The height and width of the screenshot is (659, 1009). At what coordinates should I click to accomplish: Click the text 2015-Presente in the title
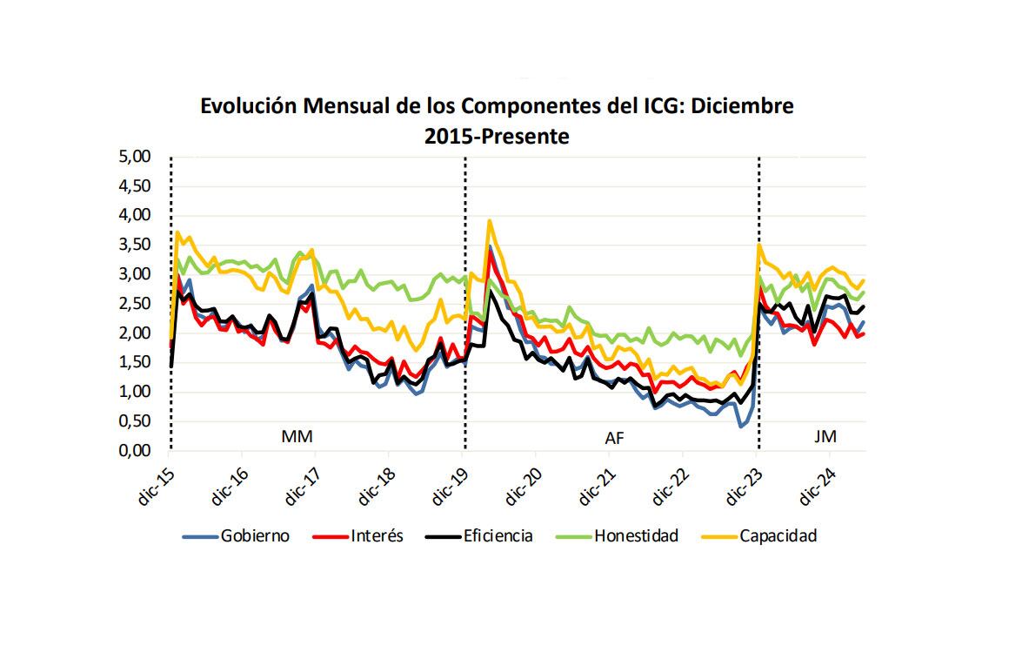click(x=497, y=136)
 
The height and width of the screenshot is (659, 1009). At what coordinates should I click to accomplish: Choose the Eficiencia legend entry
click(x=498, y=535)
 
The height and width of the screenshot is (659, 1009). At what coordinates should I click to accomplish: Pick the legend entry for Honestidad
click(x=636, y=535)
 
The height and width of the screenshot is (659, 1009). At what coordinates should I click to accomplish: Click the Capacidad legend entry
click(x=778, y=535)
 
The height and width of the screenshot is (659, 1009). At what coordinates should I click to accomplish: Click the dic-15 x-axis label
click(x=157, y=485)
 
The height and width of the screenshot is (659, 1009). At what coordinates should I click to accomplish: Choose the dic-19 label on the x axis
click(x=451, y=485)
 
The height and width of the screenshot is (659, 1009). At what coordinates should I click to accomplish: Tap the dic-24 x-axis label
click(x=819, y=485)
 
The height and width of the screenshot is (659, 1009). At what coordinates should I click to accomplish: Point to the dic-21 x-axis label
click(x=598, y=485)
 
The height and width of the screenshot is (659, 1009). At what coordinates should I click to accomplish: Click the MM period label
click(x=296, y=436)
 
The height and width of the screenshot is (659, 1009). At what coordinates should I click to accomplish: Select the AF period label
click(x=614, y=438)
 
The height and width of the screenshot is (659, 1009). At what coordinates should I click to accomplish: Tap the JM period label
click(x=825, y=436)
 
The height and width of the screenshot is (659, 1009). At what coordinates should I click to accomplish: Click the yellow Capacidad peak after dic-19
click(x=491, y=221)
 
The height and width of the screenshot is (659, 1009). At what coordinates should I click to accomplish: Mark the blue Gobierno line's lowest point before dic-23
click(x=741, y=426)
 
